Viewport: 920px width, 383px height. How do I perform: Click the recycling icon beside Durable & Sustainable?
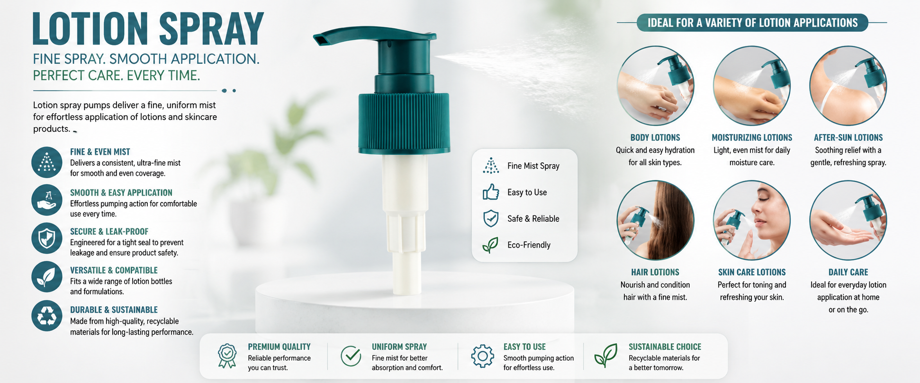point(47,316)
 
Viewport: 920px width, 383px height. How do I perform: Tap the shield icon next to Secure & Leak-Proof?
point(47,238)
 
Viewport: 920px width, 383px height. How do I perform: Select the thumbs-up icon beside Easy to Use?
point(491,192)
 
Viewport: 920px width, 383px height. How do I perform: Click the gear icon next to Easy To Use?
point(482,356)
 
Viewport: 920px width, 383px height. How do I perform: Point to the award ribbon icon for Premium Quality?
point(227,356)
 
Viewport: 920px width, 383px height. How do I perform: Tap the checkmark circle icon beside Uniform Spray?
point(351,356)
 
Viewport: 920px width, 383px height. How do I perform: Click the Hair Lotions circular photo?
point(655,220)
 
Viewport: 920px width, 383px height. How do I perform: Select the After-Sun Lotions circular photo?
point(848,86)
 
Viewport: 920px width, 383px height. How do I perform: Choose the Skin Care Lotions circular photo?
point(752,220)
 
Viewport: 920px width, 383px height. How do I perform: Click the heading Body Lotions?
point(655,138)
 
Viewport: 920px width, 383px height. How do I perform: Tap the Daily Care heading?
point(848,272)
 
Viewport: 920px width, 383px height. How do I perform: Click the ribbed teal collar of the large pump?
point(404,124)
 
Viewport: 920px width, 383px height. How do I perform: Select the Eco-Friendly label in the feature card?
point(529,245)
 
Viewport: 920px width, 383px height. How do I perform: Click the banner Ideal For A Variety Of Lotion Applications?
point(752,23)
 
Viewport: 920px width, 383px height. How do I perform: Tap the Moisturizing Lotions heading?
point(752,138)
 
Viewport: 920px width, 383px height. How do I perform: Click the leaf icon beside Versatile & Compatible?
point(47,277)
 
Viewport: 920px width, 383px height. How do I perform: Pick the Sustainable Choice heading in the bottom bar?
point(665,347)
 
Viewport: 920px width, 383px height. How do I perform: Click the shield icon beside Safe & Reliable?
point(491,218)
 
